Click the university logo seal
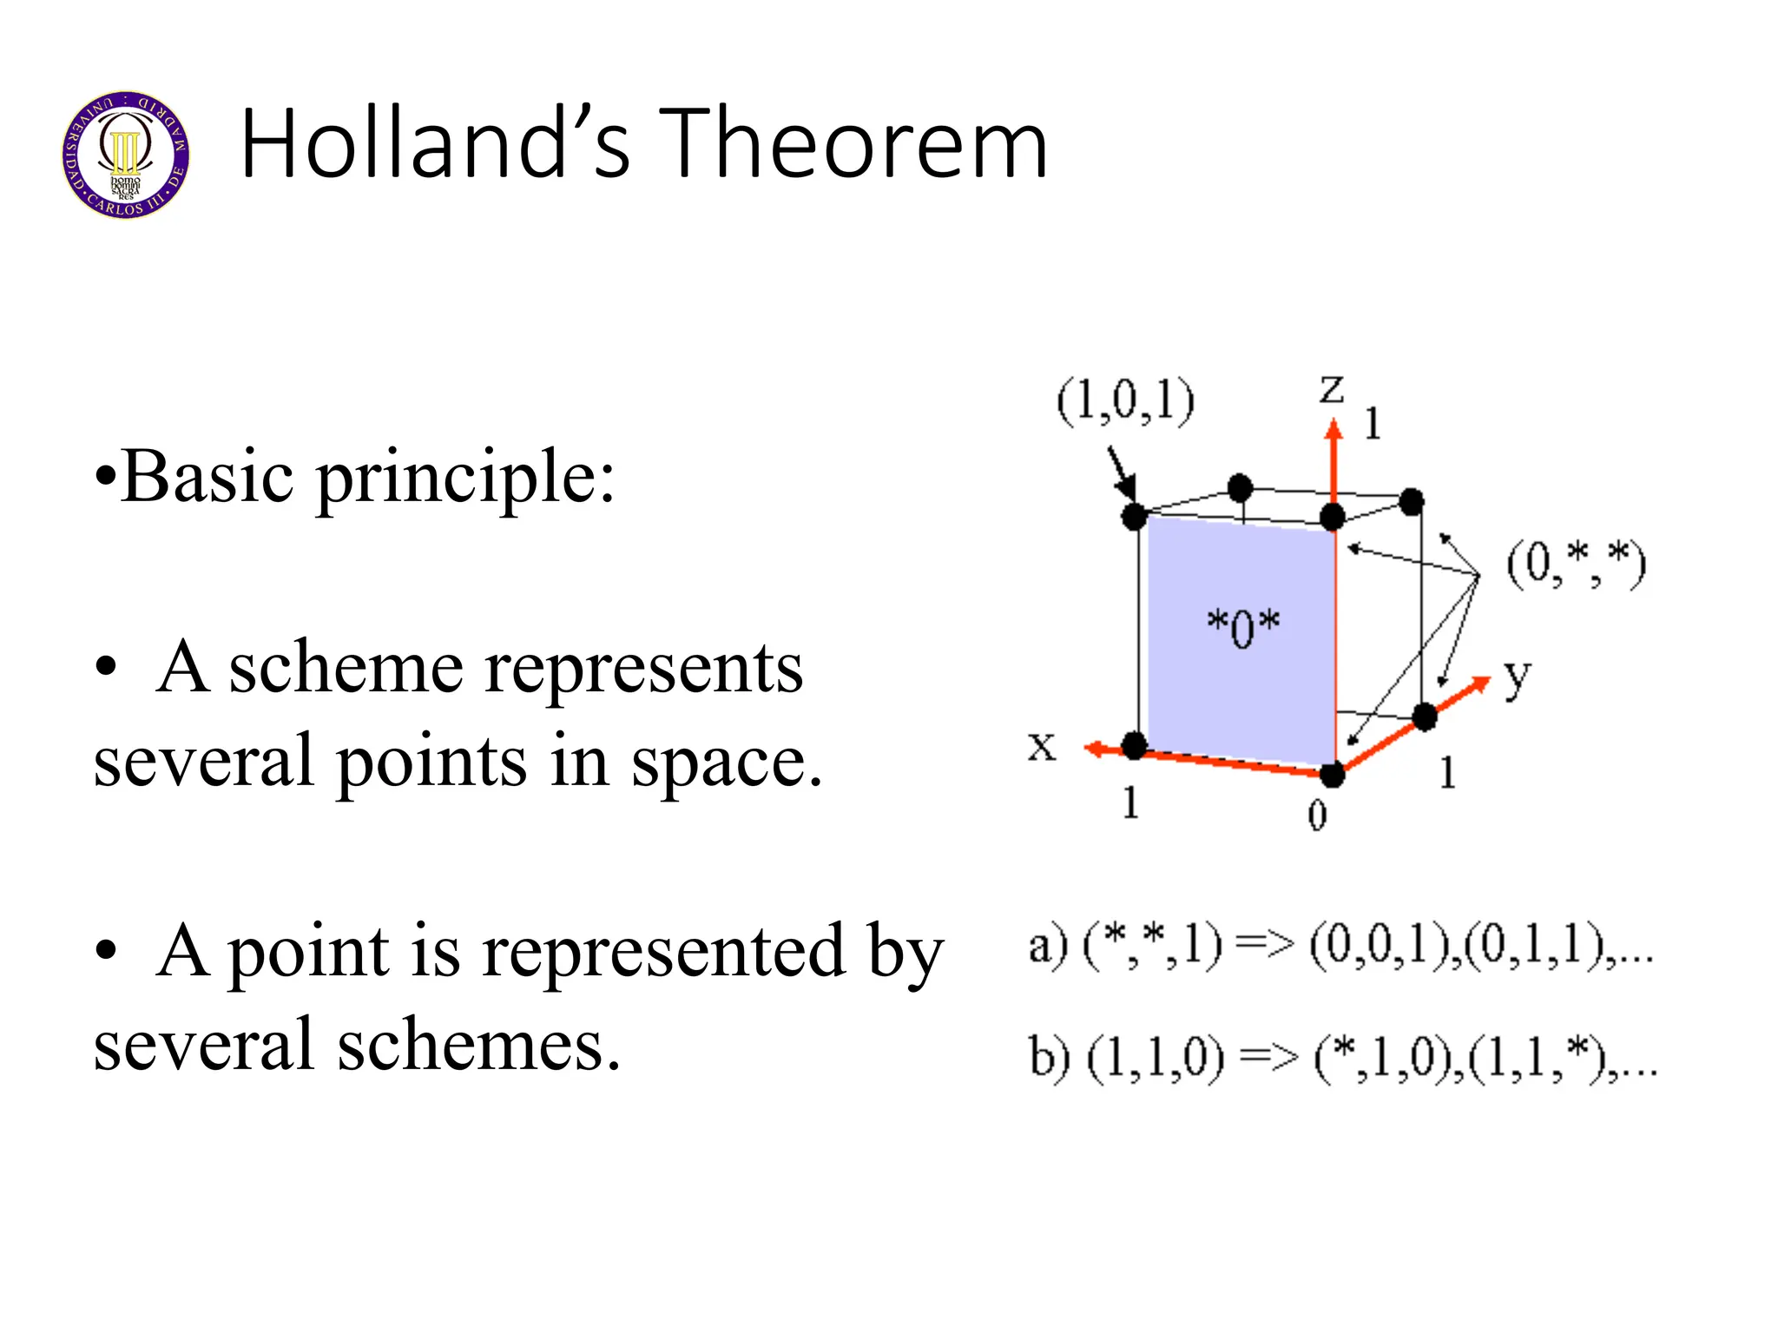[126, 154]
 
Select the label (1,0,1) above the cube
[1125, 402]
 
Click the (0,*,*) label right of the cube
[1575, 564]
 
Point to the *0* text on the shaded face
[1243, 627]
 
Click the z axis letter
[1331, 389]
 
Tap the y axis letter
[1517, 677]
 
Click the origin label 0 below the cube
[1317, 815]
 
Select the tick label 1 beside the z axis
[1373, 424]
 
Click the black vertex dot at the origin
[1332, 773]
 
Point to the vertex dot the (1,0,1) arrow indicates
[1135, 517]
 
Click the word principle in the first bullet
[464, 478]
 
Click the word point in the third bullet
[307, 952]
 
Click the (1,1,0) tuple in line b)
[1155, 1059]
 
